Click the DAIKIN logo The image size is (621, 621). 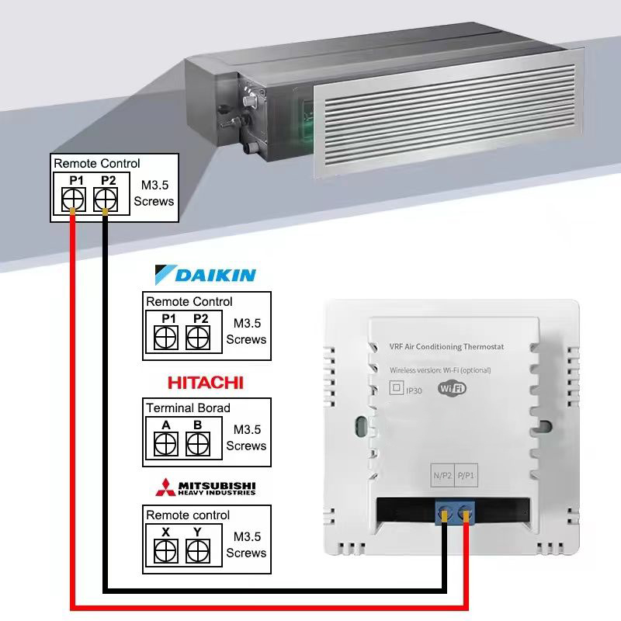(206, 275)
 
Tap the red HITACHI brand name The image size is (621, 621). (206, 382)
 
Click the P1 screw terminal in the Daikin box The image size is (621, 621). (165, 337)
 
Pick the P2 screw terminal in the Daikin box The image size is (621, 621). (199, 337)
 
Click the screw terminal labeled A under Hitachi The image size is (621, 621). (165, 443)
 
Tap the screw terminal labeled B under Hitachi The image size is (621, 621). (199, 443)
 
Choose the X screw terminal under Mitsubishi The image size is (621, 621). (165, 550)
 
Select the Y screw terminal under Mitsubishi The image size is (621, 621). (199, 550)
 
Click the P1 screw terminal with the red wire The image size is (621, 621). (73, 199)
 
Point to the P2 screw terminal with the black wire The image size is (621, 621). (106, 199)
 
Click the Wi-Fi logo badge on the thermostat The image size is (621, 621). (453, 389)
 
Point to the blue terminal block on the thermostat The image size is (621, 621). (454, 511)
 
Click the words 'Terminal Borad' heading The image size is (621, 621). (188, 408)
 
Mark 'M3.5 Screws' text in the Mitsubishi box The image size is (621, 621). (246, 544)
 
